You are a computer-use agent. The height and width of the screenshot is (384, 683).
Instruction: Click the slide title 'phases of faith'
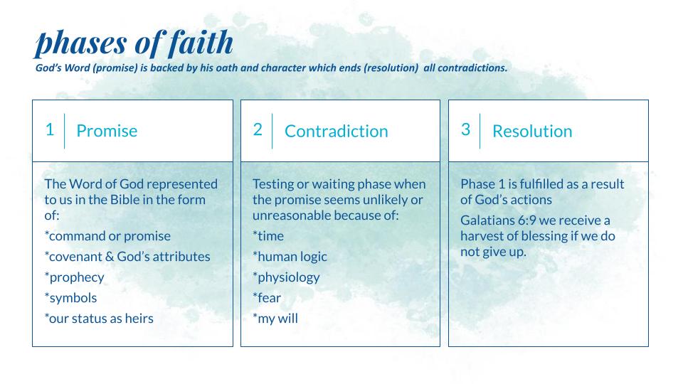tap(134, 43)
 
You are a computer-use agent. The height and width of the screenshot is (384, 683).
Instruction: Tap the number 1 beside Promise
tap(50, 129)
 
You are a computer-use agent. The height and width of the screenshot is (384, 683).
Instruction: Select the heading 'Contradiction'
tap(336, 131)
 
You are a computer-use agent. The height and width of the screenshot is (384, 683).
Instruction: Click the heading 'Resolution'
tap(532, 131)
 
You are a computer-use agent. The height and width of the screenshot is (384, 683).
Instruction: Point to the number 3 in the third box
tap(465, 129)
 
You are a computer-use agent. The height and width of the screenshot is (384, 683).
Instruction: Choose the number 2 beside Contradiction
tap(258, 129)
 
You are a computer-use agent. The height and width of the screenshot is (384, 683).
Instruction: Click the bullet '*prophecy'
tap(75, 277)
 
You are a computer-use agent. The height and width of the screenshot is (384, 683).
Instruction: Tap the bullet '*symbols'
tap(70, 298)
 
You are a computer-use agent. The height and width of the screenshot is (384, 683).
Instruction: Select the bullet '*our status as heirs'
tap(99, 319)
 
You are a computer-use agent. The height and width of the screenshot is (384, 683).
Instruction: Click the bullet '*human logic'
tap(290, 257)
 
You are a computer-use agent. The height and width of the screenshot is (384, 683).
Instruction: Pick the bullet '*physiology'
tap(286, 277)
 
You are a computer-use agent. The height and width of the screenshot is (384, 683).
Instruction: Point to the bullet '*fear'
tap(267, 298)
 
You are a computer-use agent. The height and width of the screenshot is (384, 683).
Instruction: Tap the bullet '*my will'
tap(275, 319)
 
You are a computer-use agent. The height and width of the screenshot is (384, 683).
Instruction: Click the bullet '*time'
tap(268, 236)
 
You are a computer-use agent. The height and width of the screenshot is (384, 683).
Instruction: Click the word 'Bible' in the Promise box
tap(125, 199)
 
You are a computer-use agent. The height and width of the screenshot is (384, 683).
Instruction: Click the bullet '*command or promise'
tap(107, 236)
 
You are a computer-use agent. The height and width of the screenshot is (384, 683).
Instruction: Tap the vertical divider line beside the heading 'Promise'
tap(65, 131)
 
